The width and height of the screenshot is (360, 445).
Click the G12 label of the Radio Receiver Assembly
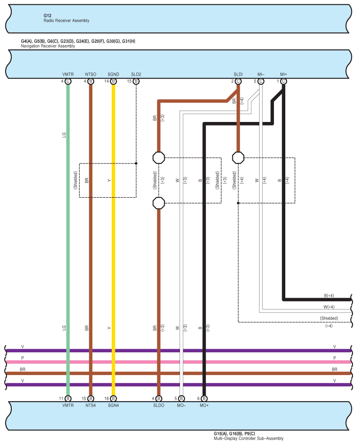click(47, 16)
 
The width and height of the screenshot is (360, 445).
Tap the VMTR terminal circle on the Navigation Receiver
click(68, 81)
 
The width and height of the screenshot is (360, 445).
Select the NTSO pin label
click(91, 74)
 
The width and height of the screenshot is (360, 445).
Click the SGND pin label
click(113, 74)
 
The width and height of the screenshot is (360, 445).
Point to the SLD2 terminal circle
click(136, 81)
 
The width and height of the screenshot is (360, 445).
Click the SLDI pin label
click(238, 74)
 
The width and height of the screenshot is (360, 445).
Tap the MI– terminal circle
click(261, 81)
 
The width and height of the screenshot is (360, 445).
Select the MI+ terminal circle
click(284, 81)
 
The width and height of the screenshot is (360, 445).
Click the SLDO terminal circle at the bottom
click(159, 399)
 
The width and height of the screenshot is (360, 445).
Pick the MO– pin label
click(182, 406)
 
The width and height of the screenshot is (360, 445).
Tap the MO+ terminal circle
click(204, 399)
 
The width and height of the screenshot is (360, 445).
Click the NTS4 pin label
click(91, 406)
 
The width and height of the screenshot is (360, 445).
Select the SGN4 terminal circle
click(113, 399)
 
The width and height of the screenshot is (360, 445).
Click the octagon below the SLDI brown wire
click(238, 158)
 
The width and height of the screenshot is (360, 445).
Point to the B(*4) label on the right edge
click(329, 296)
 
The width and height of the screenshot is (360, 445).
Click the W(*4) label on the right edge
click(329, 307)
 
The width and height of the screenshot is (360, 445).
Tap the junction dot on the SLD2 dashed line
click(136, 163)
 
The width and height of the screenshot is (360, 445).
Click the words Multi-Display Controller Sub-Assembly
click(249, 438)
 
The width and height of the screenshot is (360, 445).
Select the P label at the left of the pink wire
click(22, 358)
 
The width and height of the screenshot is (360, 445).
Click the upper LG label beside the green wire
click(64, 135)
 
